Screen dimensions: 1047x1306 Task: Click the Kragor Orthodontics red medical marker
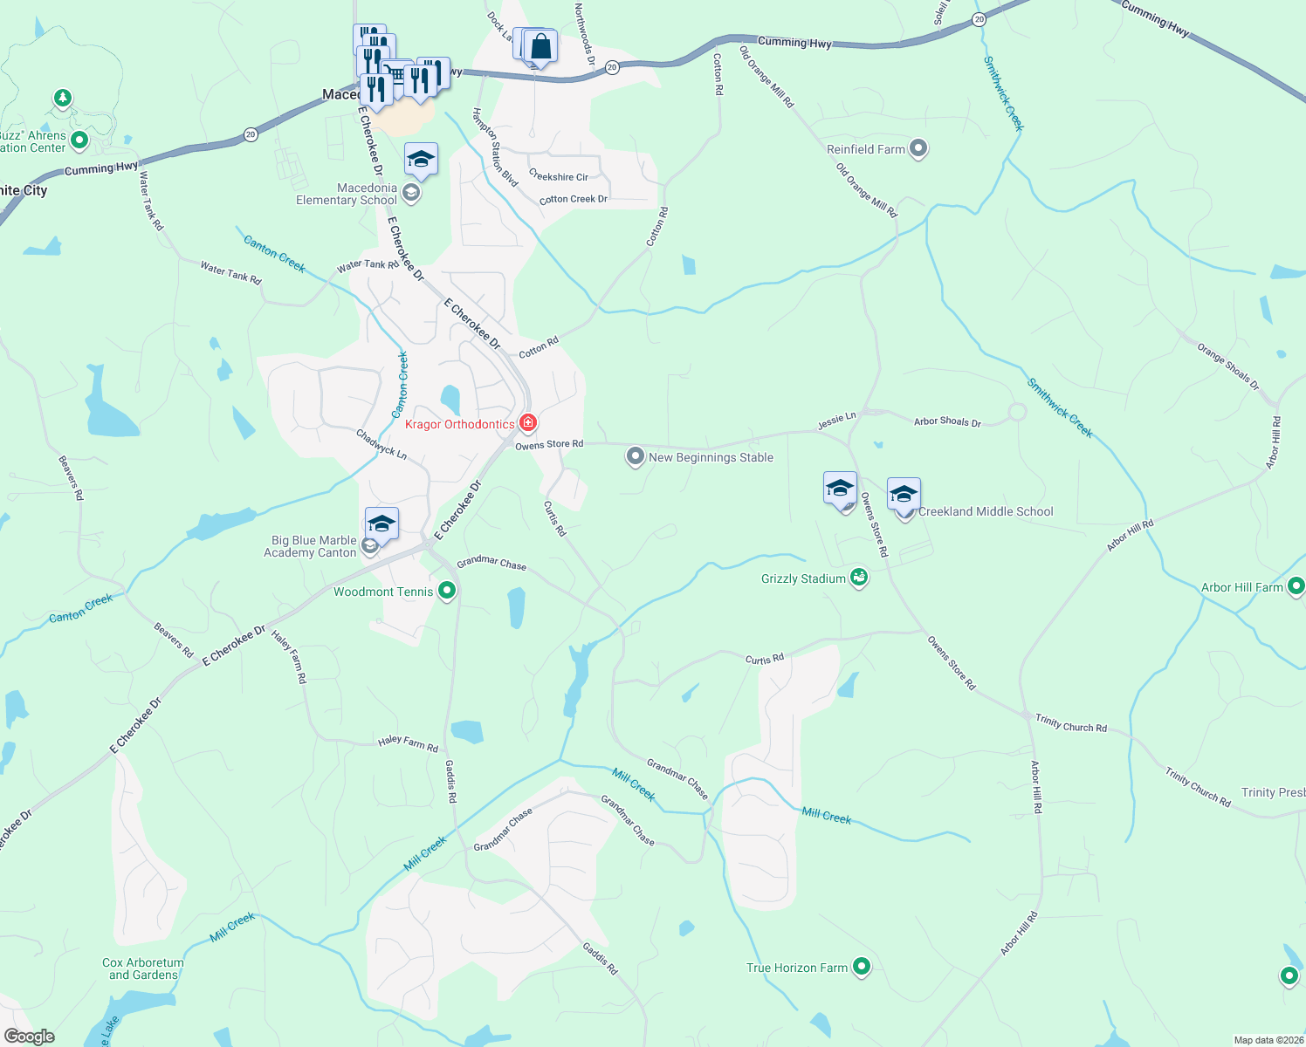click(x=527, y=423)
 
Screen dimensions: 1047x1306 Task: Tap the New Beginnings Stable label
click(x=711, y=457)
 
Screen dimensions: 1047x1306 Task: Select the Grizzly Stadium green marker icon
click(x=859, y=578)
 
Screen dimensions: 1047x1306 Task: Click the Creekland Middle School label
click(x=986, y=512)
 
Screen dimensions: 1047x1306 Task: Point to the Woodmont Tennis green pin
click(x=447, y=592)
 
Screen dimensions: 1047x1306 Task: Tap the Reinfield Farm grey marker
click(x=918, y=148)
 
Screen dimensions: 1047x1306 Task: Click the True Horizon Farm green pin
click(x=862, y=966)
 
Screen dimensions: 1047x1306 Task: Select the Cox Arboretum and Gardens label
click(x=143, y=968)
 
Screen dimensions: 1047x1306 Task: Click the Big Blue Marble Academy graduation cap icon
click(x=381, y=523)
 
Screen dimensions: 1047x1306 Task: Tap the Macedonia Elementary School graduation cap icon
click(x=421, y=159)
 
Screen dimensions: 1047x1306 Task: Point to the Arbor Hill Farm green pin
click(x=1296, y=586)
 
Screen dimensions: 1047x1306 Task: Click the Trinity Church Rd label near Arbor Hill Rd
click(x=1070, y=722)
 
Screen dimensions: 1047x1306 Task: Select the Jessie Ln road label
click(x=836, y=421)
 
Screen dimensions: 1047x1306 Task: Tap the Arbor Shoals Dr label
click(x=947, y=421)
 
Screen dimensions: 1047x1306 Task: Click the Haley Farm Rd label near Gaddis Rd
click(x=408, y=743)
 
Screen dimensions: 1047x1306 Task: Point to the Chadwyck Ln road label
click(x=381, y=443)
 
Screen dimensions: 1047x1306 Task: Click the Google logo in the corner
click(x=30, y=1037)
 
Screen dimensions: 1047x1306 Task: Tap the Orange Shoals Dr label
click(x=1228, y=366)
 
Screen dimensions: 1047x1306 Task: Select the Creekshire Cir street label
click(x=559, y=176)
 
